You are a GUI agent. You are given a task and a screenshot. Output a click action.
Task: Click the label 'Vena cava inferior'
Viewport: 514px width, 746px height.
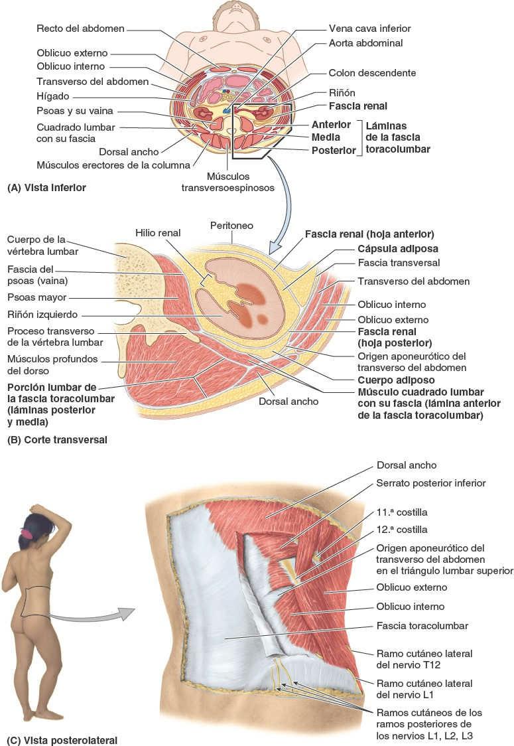369,29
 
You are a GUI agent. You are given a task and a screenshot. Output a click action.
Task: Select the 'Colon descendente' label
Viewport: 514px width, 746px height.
372,73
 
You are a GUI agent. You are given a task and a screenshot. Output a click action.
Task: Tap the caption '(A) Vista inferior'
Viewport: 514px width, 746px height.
46,188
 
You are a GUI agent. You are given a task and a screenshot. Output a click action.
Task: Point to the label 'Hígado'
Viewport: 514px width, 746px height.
53,96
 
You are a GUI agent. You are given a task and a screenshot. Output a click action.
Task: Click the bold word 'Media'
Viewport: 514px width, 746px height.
326,137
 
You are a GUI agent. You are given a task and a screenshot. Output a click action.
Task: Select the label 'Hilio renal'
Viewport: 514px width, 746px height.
157,233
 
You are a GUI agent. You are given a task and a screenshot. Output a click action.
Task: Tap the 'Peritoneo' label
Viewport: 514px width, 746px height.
231,226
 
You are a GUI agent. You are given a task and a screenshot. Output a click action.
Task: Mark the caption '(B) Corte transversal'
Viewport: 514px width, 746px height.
56,439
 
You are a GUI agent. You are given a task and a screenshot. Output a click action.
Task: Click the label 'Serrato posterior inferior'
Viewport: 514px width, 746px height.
430,483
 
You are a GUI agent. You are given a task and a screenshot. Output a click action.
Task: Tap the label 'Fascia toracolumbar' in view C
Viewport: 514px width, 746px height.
422,626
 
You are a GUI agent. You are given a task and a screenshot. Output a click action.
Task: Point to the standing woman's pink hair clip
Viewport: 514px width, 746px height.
27,533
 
